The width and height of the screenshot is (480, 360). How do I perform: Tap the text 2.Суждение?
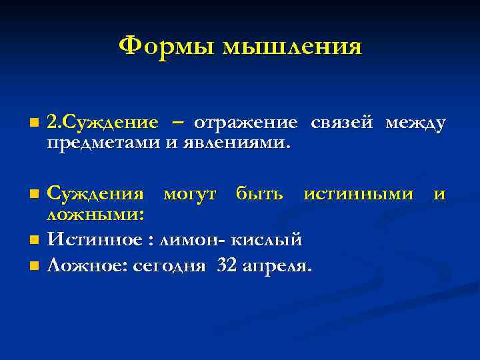pos(103,123)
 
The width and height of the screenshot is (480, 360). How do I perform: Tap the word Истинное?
pos(95,238)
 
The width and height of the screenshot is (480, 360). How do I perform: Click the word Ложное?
pos(89,267)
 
